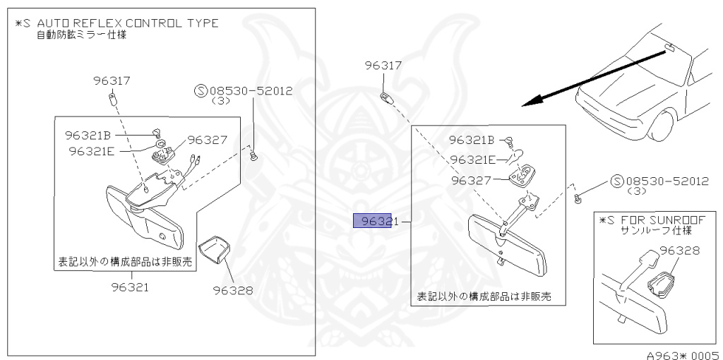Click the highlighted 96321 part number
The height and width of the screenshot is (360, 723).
click(x=372, y=221)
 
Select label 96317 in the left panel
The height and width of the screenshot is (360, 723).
click(x=112, y=80)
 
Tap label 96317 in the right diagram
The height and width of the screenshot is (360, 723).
click(x=383, y=66)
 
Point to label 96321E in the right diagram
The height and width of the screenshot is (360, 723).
click(x=474, y=160)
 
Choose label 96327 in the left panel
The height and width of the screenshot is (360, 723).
click(x=207, y=140)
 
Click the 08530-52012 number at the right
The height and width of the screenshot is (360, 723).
click(x=665, y=181)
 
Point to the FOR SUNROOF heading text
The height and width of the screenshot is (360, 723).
click(x=660, y=220)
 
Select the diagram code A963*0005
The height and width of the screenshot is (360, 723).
click(x=683, y=354)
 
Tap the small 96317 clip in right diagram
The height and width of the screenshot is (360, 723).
click(x=385, y=96)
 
